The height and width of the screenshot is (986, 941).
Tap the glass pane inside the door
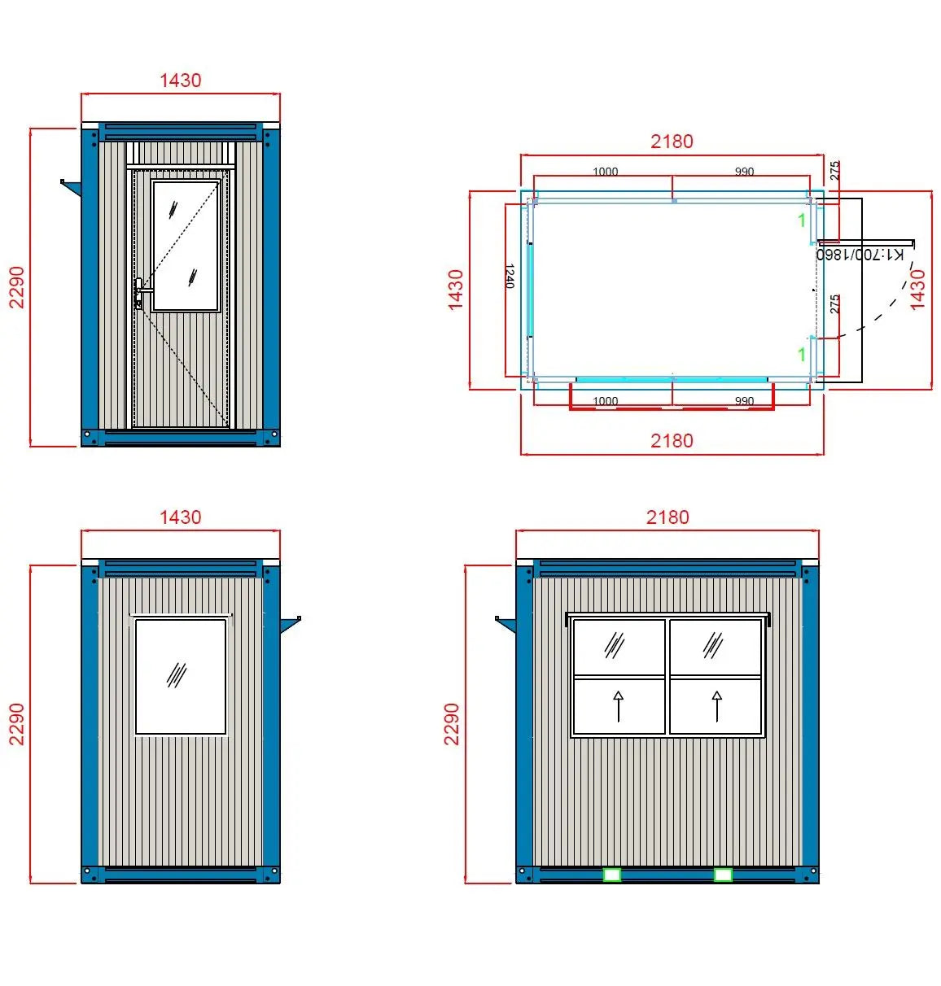coord(186,246)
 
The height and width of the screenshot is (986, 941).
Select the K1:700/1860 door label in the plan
coord(860,255)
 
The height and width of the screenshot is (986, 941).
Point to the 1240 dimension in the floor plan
coord(510,276)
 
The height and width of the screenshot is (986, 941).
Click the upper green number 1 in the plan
coord(802,220)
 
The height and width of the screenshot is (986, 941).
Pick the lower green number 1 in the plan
coord(802,355)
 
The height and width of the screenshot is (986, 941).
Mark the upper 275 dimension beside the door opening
coord(834,171)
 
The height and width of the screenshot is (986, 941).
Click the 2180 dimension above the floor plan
coord(672,142)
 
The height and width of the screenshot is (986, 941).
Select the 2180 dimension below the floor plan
coord(672,441)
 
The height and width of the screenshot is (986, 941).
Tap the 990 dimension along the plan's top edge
coord(744,172)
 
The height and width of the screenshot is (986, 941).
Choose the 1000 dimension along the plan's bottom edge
coord(605,401)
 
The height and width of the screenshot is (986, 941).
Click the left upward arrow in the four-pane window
coord(619,705)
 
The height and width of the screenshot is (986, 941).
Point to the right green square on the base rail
coord(722,875)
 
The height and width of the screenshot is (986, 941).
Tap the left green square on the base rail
coord(611,875)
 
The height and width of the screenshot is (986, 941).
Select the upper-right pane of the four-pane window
coord(715,647)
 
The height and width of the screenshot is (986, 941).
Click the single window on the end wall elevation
coord(180,676)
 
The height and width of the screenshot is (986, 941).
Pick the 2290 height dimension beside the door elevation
coord(17,287)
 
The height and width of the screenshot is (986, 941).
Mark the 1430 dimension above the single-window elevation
coord(180,517)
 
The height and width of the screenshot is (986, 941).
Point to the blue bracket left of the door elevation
coord(71,188)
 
